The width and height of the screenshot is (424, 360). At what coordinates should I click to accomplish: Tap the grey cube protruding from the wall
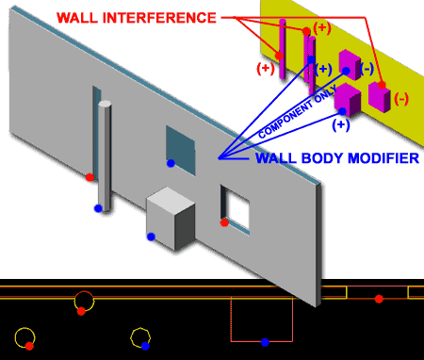(x=170, y=217)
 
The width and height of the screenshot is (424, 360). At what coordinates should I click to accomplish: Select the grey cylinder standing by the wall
(x=106, y=155)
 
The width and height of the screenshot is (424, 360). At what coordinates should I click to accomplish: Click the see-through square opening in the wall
(x=236, y=207)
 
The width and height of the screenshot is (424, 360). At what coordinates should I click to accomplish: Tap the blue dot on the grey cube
(x=151, y=237)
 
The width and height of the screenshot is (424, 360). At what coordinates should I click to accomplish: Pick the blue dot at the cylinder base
(x=97, y=207)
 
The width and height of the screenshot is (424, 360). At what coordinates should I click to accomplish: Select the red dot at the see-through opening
(x=224, y=222)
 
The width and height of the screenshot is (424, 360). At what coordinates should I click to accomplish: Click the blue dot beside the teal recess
(x=171, y=164)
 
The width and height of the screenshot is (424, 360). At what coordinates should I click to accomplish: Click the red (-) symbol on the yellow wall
(x=401, y=99)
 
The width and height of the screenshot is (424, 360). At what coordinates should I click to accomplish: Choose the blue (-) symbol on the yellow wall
(x=367, y=69)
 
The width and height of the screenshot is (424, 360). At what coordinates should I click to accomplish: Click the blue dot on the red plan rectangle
(x=265, y=341)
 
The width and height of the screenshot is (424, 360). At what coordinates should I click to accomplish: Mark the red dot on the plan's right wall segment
(x=379, y=299)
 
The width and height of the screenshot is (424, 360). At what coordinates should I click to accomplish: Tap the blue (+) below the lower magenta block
(x=341, y=123)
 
